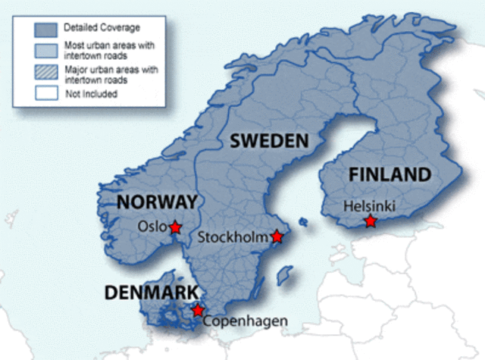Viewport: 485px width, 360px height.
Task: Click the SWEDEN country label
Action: tap(269, 140)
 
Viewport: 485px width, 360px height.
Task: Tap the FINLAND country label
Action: tap(390, 175)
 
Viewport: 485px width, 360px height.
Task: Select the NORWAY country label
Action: tap(157, 202)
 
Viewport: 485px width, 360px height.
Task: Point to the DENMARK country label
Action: tap(152, 293)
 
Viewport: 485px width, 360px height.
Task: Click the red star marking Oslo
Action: tap(175, 227)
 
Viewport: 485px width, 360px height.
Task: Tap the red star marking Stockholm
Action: tap(277, 237)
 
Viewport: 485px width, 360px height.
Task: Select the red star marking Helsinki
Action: tap(370, 221)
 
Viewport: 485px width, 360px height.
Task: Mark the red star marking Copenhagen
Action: tap(198, 310)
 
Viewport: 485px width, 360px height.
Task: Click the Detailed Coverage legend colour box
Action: tap(45, 30)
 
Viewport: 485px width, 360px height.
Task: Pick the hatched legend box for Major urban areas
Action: tap(45, 74)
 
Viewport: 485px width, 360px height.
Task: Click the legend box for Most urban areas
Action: tap(45, 51)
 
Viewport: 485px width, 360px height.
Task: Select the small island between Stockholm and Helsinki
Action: tap(303, 223)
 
